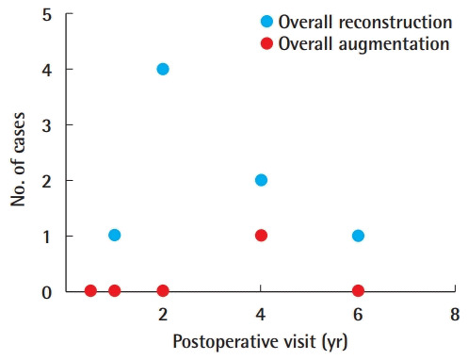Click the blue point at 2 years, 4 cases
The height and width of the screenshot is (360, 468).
click(x=163, y=69)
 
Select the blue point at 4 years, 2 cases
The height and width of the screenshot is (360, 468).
click(x=261, y=180)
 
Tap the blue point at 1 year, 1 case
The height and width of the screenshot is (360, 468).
click(x=114, y=236)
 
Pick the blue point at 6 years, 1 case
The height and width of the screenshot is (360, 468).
click(x=358, y=236)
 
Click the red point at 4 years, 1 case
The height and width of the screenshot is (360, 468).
click(x=261, y=236)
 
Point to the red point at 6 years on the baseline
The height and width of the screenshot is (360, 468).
click(x=358, y=290)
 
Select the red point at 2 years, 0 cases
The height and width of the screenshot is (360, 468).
click(x=163, y=290)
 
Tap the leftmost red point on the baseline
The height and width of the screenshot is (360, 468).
click(x=90, y=290)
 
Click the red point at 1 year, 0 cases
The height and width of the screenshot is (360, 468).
click(x=114, y=290)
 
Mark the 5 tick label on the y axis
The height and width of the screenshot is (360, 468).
click(x=47, y=14)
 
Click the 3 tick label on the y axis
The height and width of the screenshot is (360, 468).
click(x=47, y=124)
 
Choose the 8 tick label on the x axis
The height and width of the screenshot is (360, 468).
click(x=455, y=313)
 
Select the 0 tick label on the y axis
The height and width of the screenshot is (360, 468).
click(x=47, y=291)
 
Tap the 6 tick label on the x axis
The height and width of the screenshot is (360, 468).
click(x=358, y=313)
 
